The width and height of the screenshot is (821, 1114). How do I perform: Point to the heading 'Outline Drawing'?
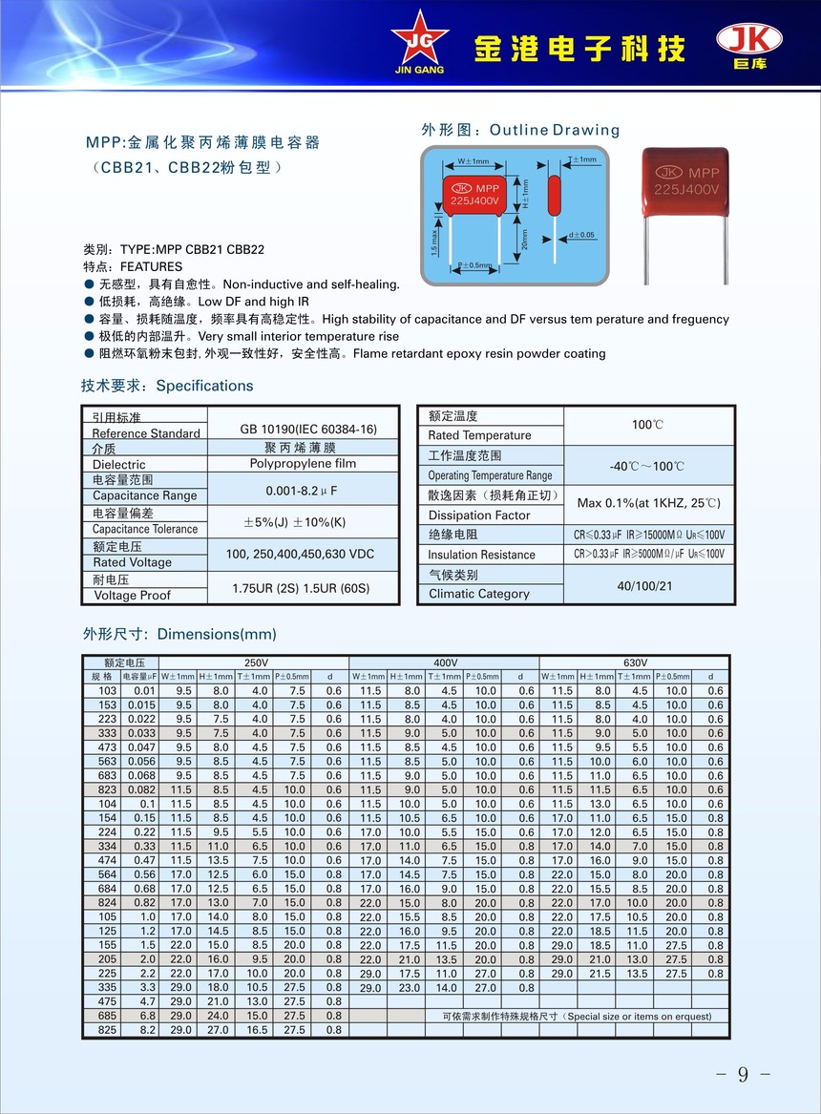click(555, 130)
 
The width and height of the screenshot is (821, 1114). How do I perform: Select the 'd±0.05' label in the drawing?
click(579, 234)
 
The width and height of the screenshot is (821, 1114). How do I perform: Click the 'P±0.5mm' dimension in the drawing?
click(474, 264)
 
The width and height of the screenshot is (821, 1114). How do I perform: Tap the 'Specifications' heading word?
click(204, 386)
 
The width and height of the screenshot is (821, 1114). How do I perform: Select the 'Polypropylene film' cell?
click(303, 463)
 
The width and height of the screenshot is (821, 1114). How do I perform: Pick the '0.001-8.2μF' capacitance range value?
click(303, 490)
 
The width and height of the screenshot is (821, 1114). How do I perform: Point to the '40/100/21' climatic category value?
click(645, 585)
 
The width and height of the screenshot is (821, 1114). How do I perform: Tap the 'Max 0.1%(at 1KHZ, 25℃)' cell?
click(648, 503)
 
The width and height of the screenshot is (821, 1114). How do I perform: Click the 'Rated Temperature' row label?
click(479, 435)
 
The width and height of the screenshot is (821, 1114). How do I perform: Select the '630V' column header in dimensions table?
click(635, 662)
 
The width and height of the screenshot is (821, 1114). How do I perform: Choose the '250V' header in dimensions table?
click(257, 662)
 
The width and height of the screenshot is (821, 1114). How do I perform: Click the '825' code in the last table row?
click(107, 1030)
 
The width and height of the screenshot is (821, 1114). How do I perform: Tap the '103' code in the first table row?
click(107, 690)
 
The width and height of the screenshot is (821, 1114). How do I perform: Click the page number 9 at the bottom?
click(743, 1075)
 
